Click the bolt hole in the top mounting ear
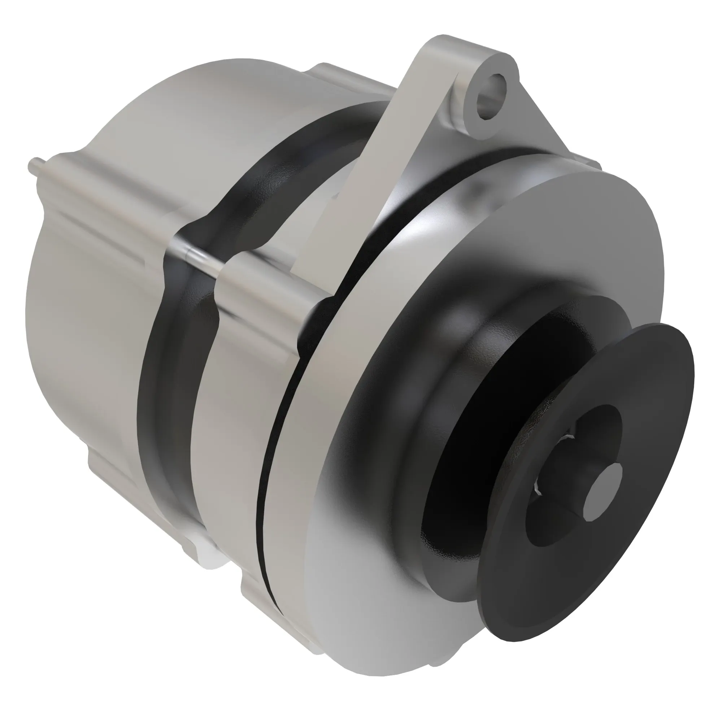[x=490, y=96]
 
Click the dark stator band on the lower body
[x=164, y=430]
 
